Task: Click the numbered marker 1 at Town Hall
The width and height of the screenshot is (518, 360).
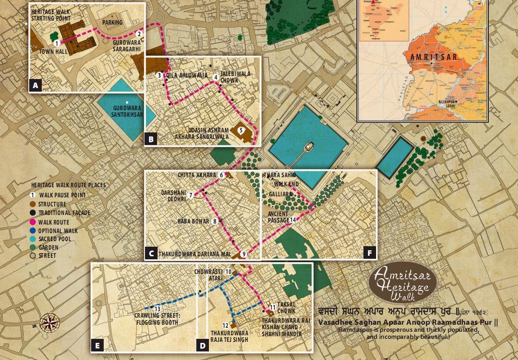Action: (57, 44)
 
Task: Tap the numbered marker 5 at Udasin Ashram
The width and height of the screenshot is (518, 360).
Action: (241, 130)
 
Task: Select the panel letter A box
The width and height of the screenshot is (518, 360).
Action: (35, 86)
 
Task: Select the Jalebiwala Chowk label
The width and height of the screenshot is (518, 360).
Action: (236, 77)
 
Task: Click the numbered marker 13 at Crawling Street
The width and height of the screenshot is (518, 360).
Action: (158, 308)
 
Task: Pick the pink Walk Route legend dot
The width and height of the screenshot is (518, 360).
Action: (32, 222)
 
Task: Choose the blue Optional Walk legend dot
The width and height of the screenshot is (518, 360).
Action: (32, 231)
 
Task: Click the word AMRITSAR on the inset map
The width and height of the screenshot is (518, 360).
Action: (433, 57)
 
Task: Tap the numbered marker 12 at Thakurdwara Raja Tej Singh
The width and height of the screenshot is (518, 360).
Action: (226, 325)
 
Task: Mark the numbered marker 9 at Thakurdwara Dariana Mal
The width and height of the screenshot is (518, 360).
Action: (244, 254)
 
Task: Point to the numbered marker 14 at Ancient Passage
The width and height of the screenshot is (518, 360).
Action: (292, 220)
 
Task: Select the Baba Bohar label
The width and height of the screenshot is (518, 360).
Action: (193, 221)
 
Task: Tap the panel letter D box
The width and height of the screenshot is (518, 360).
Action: (202, 345)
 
